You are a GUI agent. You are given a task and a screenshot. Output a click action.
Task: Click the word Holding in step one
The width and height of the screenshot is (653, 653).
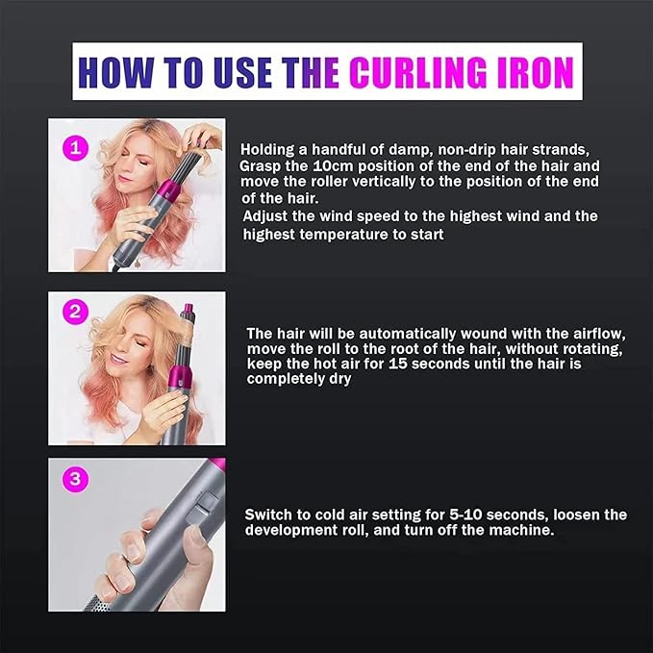[268, 149]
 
